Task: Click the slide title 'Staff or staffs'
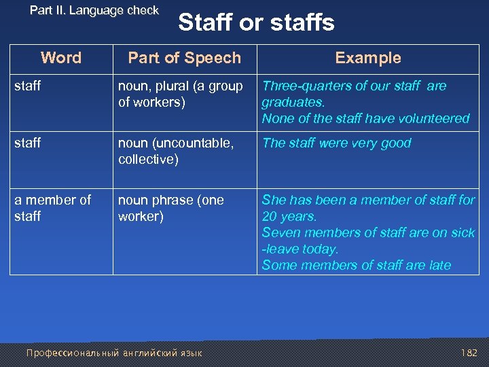click(256, 22)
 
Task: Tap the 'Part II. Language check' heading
click(94, 10)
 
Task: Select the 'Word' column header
click(61, 58)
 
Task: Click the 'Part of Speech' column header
click(184, 58)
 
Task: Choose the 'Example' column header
click(368, 58)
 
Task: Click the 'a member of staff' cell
click(53, 208)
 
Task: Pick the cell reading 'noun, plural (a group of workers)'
click(181, 94)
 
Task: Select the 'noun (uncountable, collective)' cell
click(176, 151)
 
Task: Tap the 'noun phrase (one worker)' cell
click(171, 208)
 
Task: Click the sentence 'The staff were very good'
click(337, 143)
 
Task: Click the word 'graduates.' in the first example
click(293, 102)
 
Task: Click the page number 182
click(469, 353)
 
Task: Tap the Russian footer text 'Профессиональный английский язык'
click(113, 353)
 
